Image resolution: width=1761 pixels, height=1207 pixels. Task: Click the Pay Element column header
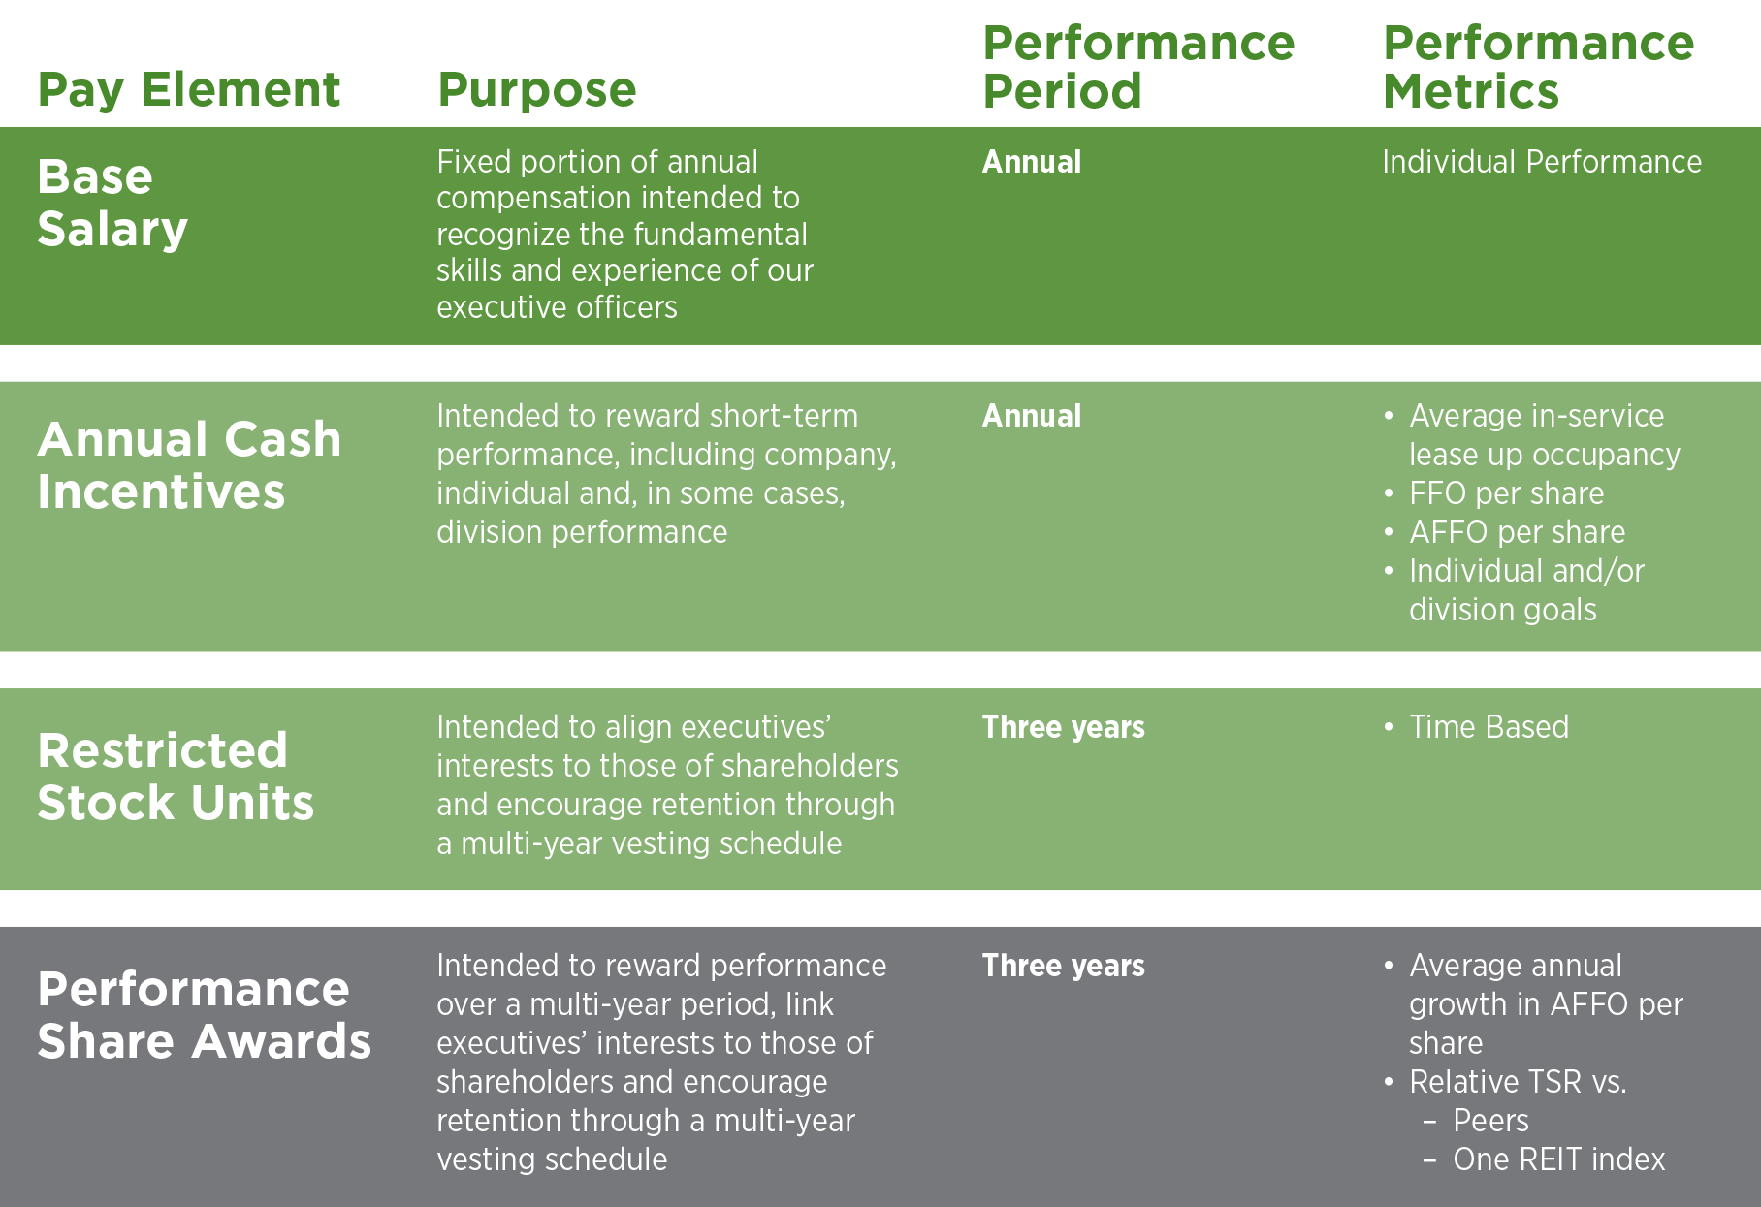(189, 90)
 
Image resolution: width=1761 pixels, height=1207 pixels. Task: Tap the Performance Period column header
(1138, 67)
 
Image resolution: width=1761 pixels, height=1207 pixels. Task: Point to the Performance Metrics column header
(1538, 67)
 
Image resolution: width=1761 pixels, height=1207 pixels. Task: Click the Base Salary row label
(112, 204)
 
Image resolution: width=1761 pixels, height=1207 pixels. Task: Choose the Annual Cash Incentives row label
(190, 465)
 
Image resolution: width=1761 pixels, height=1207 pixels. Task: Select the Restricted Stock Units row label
(176, 777)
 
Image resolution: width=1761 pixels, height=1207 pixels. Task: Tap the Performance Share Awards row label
(205, 1015)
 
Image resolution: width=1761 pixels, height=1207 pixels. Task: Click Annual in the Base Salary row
(1032, 162)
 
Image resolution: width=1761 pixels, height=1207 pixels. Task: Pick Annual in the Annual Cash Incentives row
(1032, 416)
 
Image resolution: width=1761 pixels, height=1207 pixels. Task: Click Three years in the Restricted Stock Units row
(1064, 728)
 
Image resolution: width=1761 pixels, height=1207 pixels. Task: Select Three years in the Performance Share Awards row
(1064, 967)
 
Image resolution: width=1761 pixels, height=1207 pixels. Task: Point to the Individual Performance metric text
(1542, 162)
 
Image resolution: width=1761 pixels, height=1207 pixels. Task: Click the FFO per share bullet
(1507, 493)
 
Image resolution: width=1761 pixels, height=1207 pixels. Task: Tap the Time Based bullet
(1489, 727)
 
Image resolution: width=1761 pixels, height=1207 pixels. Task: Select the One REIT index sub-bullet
(1558, 1159)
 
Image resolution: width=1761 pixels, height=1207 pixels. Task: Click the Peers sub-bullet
(1490, 1121)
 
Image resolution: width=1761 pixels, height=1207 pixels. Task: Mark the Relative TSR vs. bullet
(1518, 1082)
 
